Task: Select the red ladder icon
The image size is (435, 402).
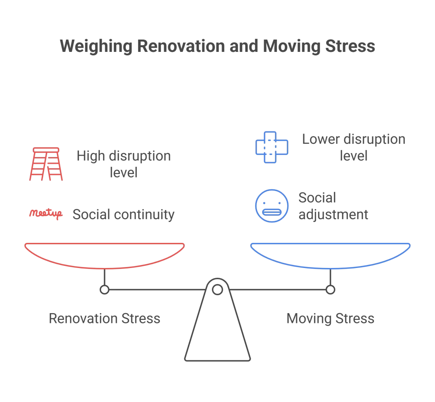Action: pyautogui.click(x=46, y=164)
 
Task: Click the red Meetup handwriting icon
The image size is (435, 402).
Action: pyautogui.click(x=46, y=214)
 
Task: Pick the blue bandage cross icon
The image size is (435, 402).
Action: pyautogui.click(x=271, y=147)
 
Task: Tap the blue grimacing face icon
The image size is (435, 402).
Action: pyautogui.click(x=271, y=206)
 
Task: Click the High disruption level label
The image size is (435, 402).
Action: pyautogui.click(x=124, y=164)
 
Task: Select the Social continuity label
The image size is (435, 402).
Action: pyautogui.click(x=124, y=214)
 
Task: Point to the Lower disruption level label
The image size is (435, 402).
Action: pyautogui.click(x=353, y=147)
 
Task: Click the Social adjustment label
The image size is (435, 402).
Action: pyautogui.click(x=333, y=206)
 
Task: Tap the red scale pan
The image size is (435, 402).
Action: pyautogui.click(x=105, y=255)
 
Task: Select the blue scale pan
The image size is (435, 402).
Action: pyautogui.click(x=330, y=255)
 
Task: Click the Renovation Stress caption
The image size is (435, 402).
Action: pyautogui.click(x=105, y=318)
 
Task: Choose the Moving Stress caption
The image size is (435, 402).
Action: pyautogui.click(x=330, y=318)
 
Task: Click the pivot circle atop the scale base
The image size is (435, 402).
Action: pyautogui.click(x=217, y=290)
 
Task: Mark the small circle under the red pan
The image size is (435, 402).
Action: pyautogui.click(x=105, y=290)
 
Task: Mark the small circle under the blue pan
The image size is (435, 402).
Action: pyautogui.click(x=330, y=290)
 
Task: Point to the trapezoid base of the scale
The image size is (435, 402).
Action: pyautogui.click(x=217, y=336)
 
